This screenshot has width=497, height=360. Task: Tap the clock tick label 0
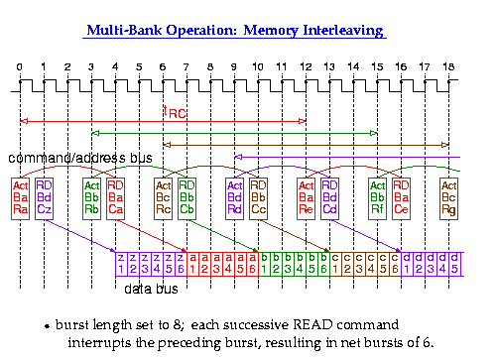tap(20, 67)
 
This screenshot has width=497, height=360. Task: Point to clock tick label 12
tap(306, 67)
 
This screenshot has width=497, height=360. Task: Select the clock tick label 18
tap(448, 67)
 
